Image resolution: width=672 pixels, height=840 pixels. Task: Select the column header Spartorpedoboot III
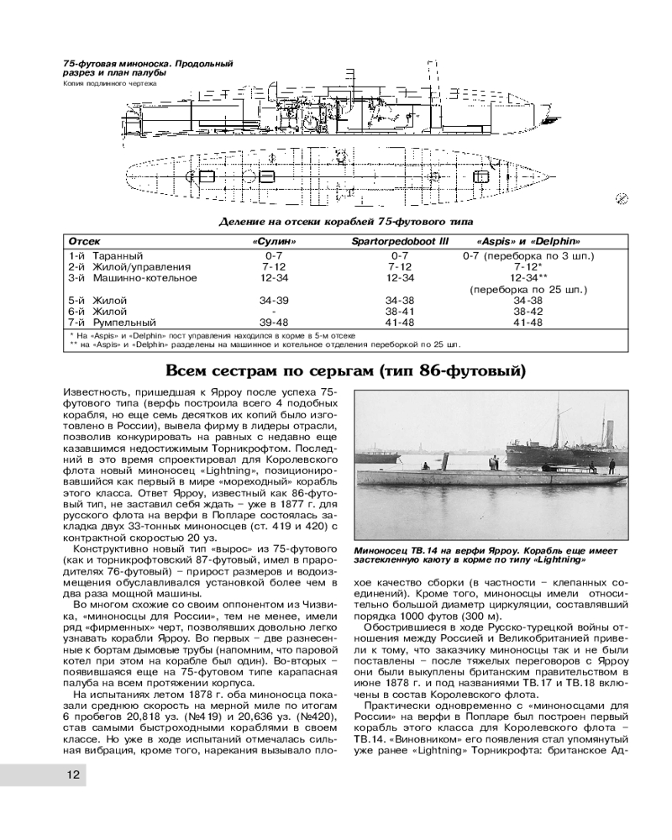click(400, 241)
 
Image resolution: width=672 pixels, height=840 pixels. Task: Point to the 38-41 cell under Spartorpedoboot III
click(400, 310)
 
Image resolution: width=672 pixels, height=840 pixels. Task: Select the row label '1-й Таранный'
click(105, 255)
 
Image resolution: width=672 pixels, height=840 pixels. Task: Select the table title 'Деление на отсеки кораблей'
click(302, 221)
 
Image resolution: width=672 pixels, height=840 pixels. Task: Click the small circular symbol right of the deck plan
click(622, 198)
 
